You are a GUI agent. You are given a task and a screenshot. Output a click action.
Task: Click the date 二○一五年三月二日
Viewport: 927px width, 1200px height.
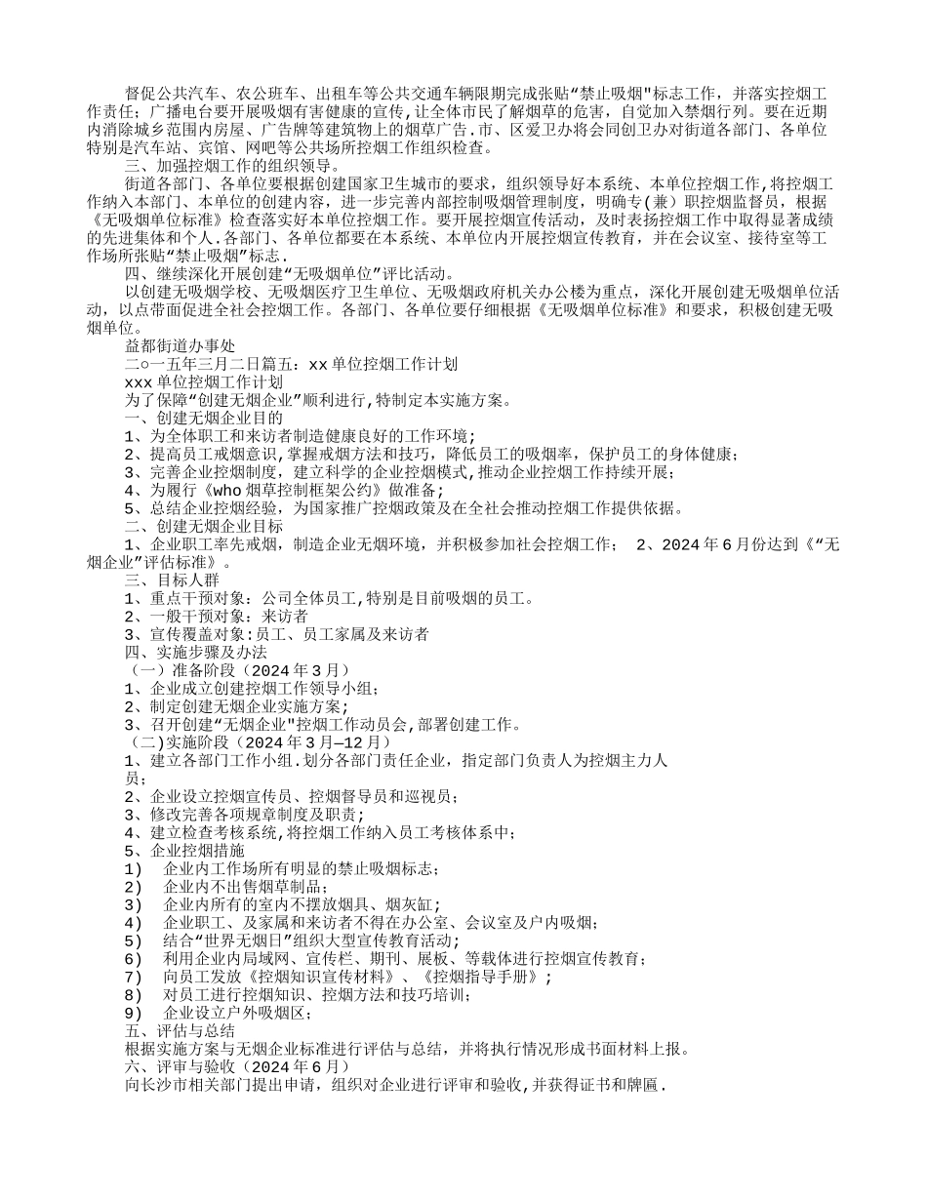pyautogui.click(x=187, y=364)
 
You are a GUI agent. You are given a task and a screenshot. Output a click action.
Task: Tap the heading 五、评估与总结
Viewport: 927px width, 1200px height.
pyautogui.click(x=180, y=1030)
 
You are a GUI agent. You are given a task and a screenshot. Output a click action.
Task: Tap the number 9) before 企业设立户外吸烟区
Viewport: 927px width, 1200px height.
pyautogui.click(x=135, y=1013)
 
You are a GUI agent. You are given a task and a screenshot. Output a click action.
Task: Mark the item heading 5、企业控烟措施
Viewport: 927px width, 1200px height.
pyautogui.click(x=184, y=851)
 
